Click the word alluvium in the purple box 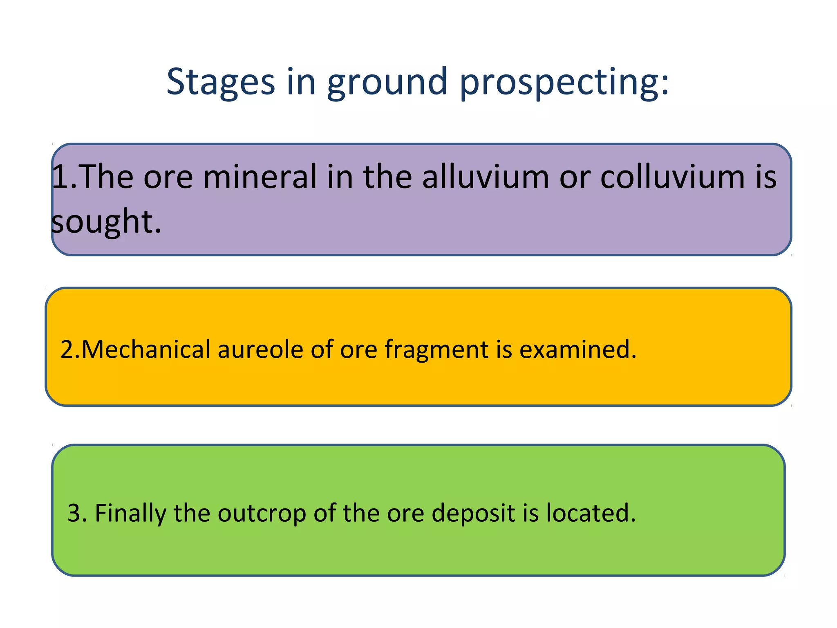click(x=486, y=177)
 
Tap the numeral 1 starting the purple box click(x=60, y=177)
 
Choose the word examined click(x=576, y=350)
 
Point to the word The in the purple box click(x=105, y=177)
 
